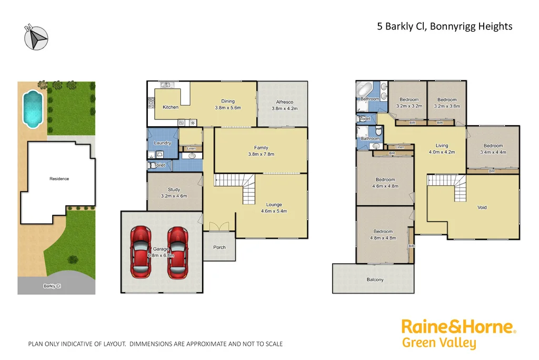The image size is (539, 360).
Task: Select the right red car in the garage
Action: [177, 252]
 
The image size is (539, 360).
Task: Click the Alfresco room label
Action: [285, 102]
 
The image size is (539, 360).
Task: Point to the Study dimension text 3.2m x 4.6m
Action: [174, 196]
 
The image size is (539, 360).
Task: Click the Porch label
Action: [219, 247]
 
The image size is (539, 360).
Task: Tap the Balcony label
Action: [375, 279]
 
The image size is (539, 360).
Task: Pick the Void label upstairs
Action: [482, 207]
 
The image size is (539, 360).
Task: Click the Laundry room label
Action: [162, 143]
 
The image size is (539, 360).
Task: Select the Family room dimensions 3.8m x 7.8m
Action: [261, 154]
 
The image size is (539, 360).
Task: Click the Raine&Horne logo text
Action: [458, 327]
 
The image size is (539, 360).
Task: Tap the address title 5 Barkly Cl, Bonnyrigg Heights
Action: [445, 26]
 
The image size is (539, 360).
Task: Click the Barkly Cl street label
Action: [52, 286]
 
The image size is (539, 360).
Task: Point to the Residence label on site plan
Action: [59, 179]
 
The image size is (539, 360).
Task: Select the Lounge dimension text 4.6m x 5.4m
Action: [274, 211]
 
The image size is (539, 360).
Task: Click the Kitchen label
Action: [171, 107]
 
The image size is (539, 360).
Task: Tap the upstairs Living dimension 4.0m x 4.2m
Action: [442, 153]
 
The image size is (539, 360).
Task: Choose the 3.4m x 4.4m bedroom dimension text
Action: [493, 153]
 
